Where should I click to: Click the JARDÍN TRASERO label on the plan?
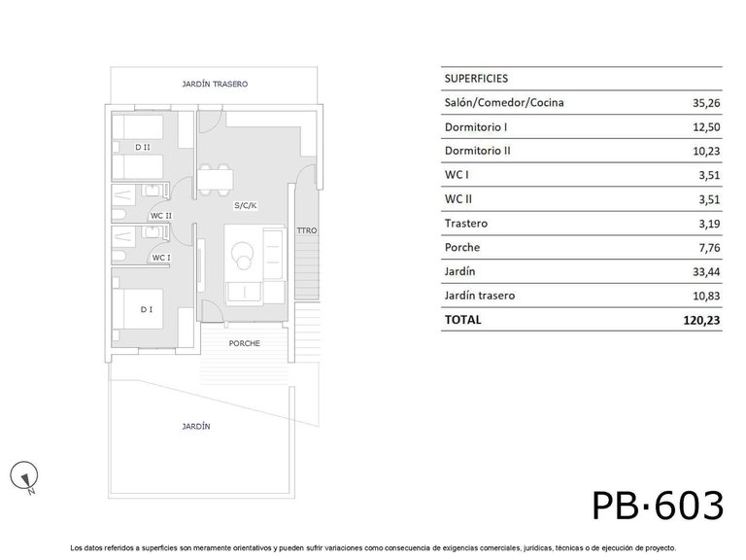tap(215, 85)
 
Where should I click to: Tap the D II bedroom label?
tap(143, 148)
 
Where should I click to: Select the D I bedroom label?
tap(146, 310)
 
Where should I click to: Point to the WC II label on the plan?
tap(160, 216)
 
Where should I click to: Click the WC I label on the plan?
tap(160, 258)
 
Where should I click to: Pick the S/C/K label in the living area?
tap(246, 206)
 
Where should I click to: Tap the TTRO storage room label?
tap(307, 230)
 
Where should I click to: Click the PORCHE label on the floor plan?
tap(244, 343)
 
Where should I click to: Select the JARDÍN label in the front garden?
tap(196, 427)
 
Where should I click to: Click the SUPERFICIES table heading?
tap(476, 78)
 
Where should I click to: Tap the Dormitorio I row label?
tap(476, 126)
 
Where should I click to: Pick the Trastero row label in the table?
tap(466, 224)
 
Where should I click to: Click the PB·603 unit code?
tap(658, 506)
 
